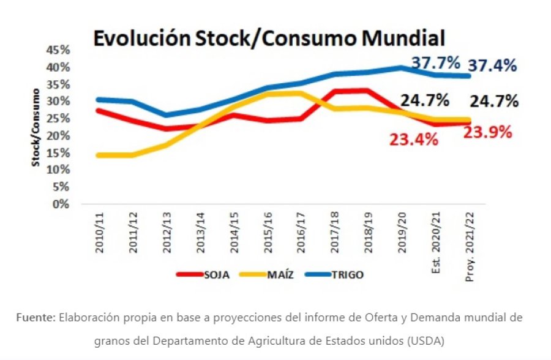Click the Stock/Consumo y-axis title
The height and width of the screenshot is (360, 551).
pos(36,127)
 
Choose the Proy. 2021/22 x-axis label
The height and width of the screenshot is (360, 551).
pos(469,244)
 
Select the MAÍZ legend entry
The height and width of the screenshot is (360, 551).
pos(280,275)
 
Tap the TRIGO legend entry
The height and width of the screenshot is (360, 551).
pos(347,275)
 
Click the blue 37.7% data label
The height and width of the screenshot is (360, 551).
pos(435,62)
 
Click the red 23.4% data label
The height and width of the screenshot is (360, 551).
pos(414,140)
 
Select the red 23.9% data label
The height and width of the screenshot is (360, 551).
pos(487,132)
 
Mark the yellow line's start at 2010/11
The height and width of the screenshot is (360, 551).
pos(98,156)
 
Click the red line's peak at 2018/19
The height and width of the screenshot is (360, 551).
pos(366,91)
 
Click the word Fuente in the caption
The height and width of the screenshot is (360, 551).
pos(36,318)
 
